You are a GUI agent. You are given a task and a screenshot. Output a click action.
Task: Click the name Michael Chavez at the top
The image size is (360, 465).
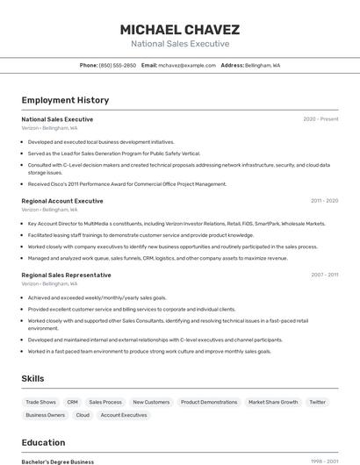click(x=179, y=29)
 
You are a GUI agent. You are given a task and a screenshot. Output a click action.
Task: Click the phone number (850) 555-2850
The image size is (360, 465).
click(x=118, y=65)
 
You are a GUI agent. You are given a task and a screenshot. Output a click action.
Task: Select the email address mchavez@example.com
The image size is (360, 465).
click(x=186, y=65)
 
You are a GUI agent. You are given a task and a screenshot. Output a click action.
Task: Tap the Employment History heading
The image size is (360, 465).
click(x=65, y=100)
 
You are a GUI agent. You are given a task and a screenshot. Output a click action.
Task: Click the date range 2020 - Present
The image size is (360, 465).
click(x=320, y=119)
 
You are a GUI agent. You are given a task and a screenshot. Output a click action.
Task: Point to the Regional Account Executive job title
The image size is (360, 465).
click(x=62, y=201)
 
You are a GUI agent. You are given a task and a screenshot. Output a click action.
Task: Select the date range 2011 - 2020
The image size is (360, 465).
click(x=324, y=201)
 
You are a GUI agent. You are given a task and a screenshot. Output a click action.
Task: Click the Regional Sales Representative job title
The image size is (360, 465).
click(x=66, y=275)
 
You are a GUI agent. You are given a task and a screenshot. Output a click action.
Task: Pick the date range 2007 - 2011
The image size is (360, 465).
click(x=324, y=275)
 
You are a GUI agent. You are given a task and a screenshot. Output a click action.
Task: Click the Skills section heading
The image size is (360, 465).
click(x=33, y=378)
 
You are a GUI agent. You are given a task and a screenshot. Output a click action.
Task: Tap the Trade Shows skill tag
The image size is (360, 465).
click(x=41, y=402)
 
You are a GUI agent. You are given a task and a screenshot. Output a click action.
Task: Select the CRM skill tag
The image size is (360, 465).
click(x=73, y=402)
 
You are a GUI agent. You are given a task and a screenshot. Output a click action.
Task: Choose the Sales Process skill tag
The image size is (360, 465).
click(x=105, y=402)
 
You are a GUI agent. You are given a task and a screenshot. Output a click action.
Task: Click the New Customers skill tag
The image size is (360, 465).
click(x=151, y=402)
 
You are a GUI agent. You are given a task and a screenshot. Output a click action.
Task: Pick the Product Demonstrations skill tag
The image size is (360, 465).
click(x=209, y=402)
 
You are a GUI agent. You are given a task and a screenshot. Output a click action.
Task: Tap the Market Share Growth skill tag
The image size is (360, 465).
click(x=273, y=402)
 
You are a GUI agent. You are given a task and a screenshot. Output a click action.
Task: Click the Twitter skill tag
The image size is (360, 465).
click(x=318, y=402)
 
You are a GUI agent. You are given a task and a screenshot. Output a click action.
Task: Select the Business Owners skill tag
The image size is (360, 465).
click(x=45, y=415)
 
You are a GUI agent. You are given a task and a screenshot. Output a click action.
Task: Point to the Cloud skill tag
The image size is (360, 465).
click(x=83, y=415)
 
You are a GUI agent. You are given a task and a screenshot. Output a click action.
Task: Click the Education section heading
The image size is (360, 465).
click(x=43, y=442)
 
